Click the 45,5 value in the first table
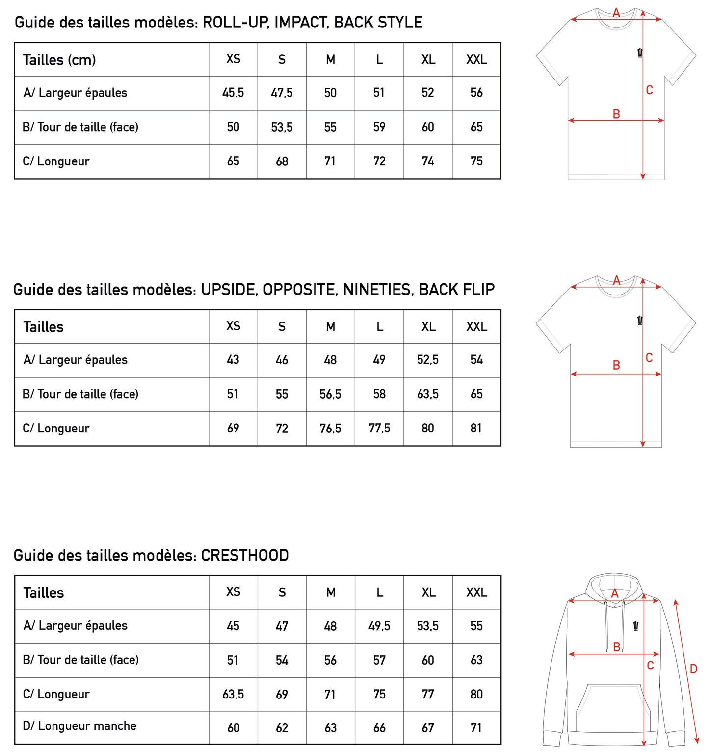tap(233, 93)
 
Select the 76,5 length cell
tap(330, 429)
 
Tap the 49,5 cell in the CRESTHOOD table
tap(379, 626)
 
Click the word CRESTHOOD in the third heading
tap(245, 555)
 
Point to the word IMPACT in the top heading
tap(300, 22)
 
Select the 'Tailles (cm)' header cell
tap(59, 60)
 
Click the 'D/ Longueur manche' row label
tap(79, 726)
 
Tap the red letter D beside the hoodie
tap(693, 669)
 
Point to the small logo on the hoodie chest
tap(636, 626)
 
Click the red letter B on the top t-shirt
tap(616, 114)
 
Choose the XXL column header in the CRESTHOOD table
tap(476, 592)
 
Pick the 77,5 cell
tap(379, 429)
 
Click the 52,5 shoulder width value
tap(428, 360)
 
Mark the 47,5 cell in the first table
tap(282, 93)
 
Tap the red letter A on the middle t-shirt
tap(617, 280)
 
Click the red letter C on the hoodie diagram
tap(651, 665)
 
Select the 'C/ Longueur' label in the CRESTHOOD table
tap(56, 694)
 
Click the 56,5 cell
tap(330, 394)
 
